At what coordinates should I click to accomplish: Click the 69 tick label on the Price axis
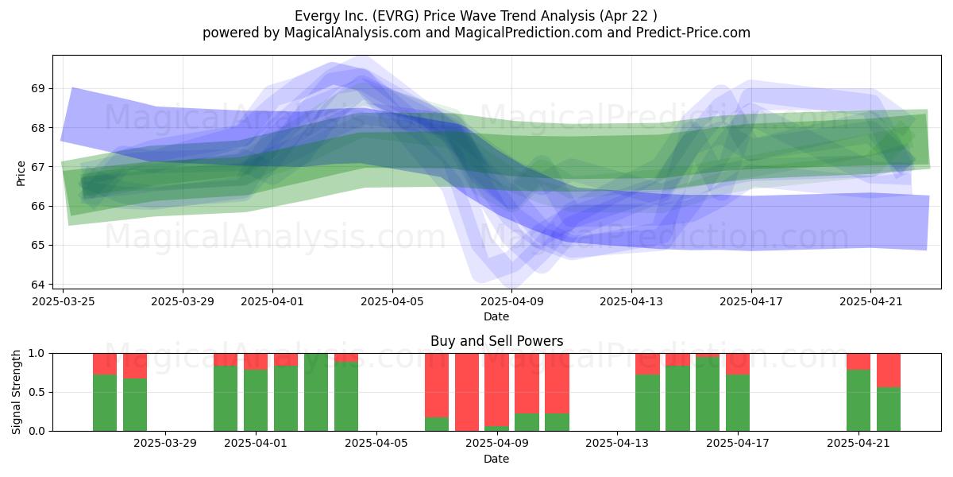click(37, 88)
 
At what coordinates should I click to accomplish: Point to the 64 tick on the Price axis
click(37, 284)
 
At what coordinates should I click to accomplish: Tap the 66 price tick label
click(37, 206)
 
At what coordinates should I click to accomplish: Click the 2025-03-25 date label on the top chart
click(64, 301)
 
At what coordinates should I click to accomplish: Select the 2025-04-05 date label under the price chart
click(392, 301)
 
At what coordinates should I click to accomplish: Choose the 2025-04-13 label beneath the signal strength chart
click(617, 443)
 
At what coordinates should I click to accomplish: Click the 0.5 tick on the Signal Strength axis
click(37, 392)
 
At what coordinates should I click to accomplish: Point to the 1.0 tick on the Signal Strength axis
click(37, 354)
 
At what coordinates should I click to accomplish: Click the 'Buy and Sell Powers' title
click(497, 341)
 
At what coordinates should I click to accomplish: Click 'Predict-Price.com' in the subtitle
click(693, 33)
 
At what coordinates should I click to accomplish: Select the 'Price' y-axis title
click(21, 174)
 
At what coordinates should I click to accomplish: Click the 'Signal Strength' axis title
click(16, 392)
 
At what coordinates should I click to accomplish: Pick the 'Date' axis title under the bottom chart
click(496, 459)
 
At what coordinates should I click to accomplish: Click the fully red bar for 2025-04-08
click(467, 392)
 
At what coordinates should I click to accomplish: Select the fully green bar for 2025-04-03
click(316, 392)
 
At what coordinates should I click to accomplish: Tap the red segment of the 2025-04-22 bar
click(889, 370)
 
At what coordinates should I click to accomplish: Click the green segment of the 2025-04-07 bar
click(437, 425)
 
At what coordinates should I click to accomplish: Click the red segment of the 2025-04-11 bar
click(557, 383)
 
